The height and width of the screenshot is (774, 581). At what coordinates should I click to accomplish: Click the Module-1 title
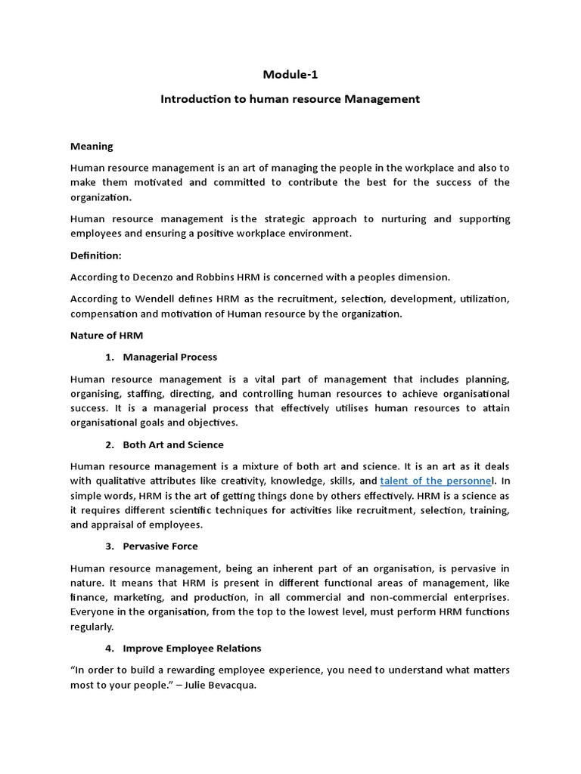(290, 74)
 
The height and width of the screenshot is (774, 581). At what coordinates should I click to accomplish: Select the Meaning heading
(92, 146)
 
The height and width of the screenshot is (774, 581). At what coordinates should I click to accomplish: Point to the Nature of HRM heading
(106, 335)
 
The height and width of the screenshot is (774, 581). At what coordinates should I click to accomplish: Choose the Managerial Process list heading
(170, 357)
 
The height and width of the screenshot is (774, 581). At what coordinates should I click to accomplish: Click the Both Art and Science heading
(173, 444)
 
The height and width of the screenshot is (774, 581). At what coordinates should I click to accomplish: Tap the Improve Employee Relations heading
(192, 648)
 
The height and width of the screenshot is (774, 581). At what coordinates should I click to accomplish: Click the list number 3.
(109, 546)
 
